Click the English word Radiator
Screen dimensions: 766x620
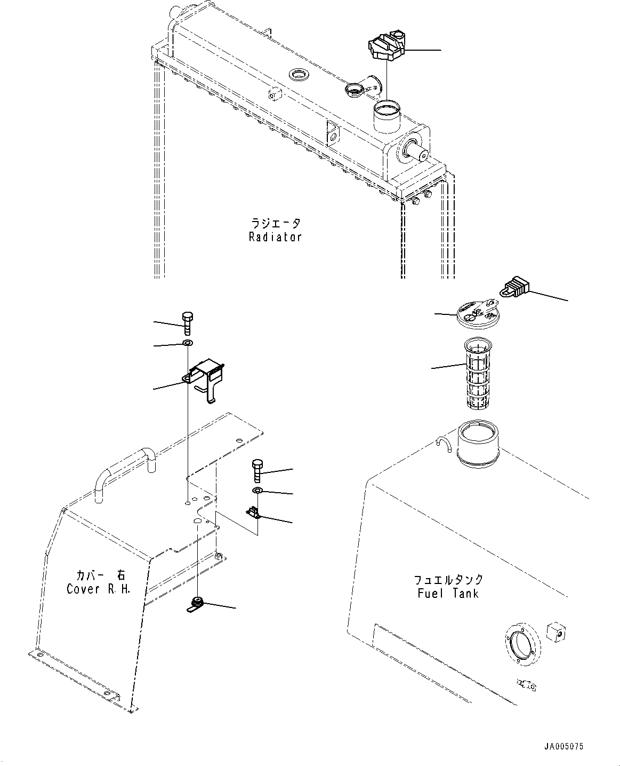tap(275, 237)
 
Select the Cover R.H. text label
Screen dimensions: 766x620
tap(98, 589)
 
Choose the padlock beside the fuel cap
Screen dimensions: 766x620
tap(514, 288)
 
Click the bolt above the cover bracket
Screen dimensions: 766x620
tap(187, 321)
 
